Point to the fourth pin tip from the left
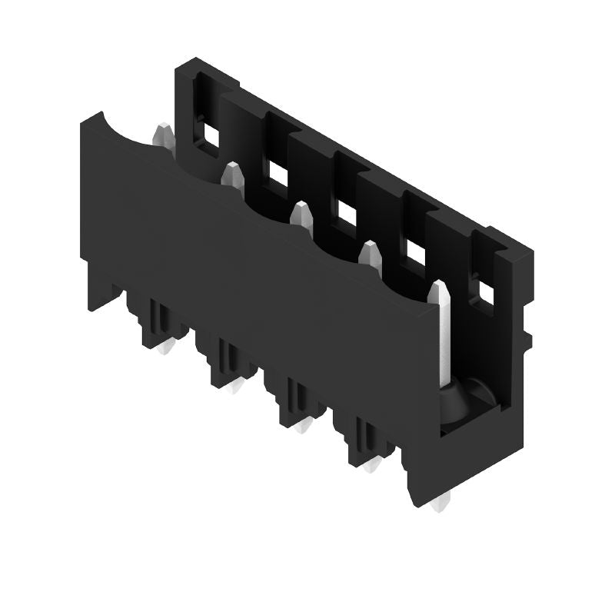[371, 254]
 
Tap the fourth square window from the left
[416, 251]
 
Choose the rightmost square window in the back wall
[485, 291]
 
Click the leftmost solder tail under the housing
[163, 350]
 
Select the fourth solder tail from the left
[372, 465]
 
